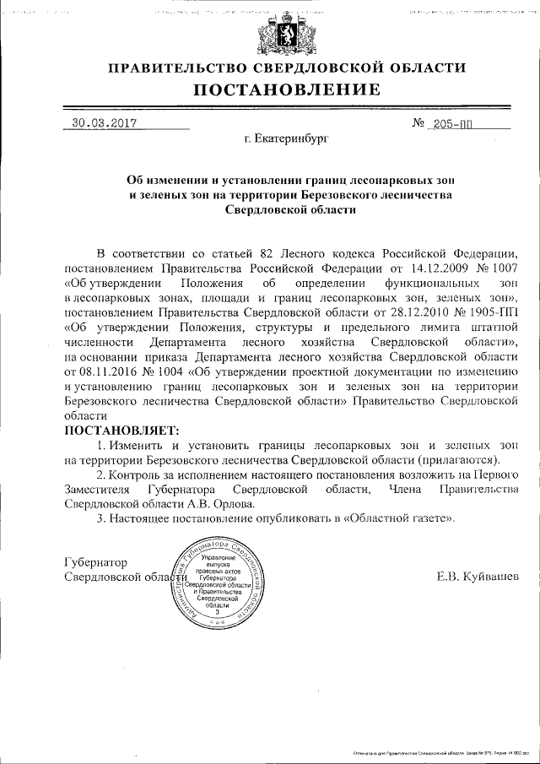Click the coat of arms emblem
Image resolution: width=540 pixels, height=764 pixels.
click(280, 35)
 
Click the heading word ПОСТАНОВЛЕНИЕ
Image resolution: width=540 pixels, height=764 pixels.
click(287, 90)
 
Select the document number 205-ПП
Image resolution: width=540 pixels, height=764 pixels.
click(451, 123)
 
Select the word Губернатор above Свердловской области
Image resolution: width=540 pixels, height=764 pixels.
click(94, 562)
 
